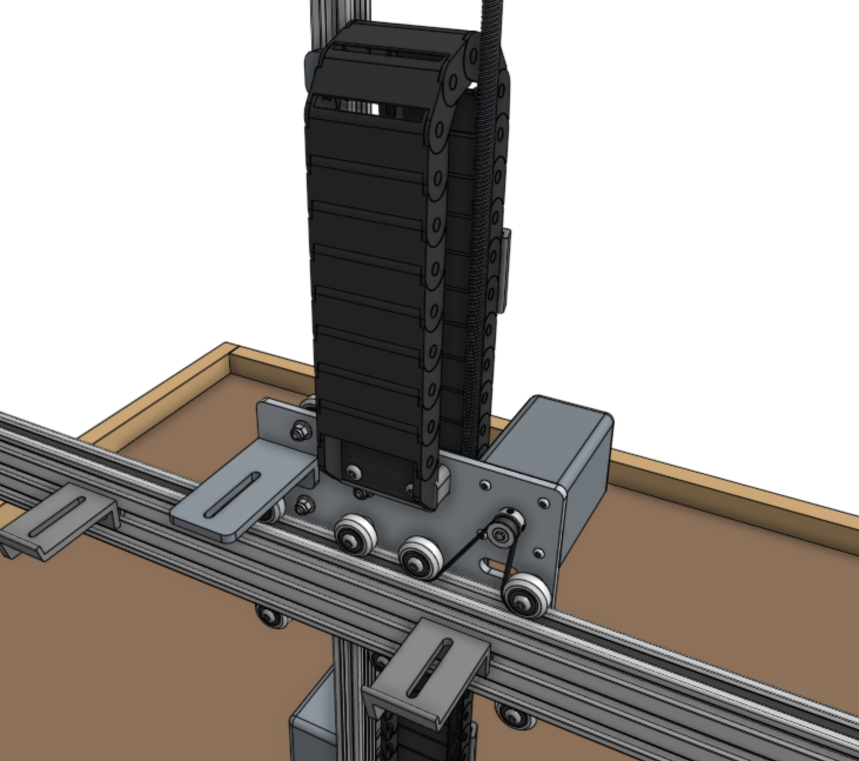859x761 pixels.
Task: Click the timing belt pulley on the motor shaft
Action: click(x=501, y=534)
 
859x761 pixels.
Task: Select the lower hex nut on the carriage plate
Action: click(x=304, y=503)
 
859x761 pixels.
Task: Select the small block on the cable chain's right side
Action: click(x=505, y=270)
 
